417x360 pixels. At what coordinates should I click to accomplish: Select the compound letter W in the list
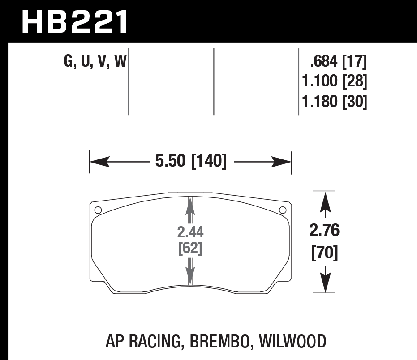[120, 61]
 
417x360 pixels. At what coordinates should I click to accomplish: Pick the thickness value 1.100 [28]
[335, 82]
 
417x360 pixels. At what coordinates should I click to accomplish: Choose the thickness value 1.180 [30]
[335, 103]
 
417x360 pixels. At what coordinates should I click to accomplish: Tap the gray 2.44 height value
[190, 232]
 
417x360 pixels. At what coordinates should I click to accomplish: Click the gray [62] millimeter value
[190, 248]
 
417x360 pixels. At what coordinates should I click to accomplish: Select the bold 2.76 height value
[324, 231]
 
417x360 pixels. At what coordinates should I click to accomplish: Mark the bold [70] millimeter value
[324, 253]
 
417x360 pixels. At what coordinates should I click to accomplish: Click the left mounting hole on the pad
[98, 210]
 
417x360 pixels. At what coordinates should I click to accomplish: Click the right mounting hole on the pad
[282, 210]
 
